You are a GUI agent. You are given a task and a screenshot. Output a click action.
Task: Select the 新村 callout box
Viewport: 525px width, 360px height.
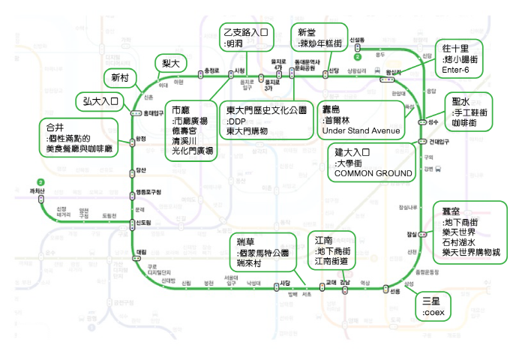[x=120, y=79]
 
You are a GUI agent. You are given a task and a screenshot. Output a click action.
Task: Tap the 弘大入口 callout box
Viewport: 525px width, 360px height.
[x=97, y=101]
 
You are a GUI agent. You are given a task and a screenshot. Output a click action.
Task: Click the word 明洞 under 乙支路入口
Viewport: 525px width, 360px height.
[x=235, y=44]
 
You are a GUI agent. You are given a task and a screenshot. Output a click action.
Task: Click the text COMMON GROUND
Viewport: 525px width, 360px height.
[x=373, y=173]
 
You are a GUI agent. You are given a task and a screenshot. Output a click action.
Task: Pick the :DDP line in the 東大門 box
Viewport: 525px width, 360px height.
[x=237, y=120]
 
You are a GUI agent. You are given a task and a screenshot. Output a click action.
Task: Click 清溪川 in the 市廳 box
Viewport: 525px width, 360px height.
[x=184, y=140]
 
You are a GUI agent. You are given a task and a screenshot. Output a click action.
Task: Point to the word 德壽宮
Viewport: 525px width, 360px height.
[x=184, y=130]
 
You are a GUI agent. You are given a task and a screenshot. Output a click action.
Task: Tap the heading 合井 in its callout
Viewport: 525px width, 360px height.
[x=55, y=127]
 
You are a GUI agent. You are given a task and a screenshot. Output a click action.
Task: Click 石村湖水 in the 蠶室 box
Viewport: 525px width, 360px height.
[x=461, y=243]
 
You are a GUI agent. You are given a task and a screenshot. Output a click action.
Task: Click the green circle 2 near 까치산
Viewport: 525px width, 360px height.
[x=41, y=182]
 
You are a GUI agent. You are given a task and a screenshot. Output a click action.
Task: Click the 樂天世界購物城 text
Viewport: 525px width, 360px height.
[x=471, y=253]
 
